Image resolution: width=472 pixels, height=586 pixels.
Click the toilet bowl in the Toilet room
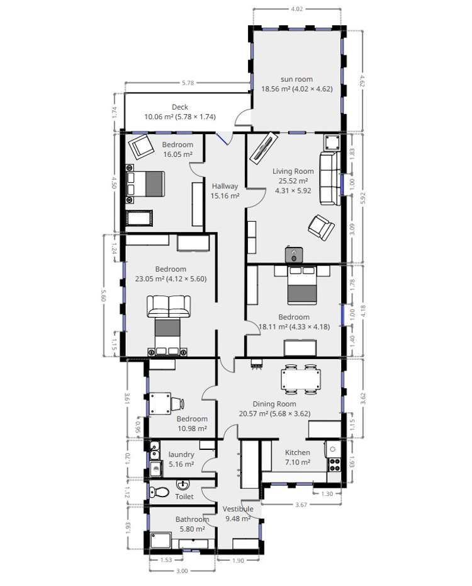(x=158, y=492)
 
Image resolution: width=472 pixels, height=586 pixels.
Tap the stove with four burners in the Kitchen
(x=335, y=464)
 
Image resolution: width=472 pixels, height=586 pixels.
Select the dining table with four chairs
(x=300, y=379)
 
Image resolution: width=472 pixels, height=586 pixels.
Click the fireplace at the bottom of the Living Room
(x=294, y=255)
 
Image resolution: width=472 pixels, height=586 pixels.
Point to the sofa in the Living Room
(x=330, y=178)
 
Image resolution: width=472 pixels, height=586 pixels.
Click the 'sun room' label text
(x=296, y=79)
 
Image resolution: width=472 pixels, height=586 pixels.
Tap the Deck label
(x=180, y=107)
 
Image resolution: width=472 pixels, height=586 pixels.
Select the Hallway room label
(x=225, y=186)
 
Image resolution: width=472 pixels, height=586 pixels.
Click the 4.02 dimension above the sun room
(x=296, y=9)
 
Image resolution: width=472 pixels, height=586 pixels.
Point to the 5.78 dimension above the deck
(x=188, y=83)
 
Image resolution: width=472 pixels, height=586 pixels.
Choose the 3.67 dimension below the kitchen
(x=301, y=505)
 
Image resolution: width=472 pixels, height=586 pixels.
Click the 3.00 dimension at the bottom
(x=182, y=571)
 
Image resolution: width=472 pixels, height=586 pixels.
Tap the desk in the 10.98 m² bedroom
(x=160, y=404)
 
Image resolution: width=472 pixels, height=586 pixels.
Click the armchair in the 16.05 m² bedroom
(x=141, y=146)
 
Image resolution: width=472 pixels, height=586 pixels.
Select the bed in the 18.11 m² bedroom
(x=302, y=284)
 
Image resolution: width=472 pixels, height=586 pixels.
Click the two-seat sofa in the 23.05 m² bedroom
(x=169, y=306)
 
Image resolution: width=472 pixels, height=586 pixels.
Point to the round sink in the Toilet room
(x=183, y=485)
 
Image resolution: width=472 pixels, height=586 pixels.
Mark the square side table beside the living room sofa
(x=332, y=142)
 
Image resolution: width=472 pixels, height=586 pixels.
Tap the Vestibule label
(x=238, y=509)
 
